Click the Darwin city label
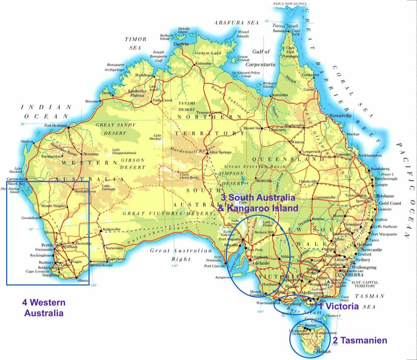(181, 44)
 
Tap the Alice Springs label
(220, 153)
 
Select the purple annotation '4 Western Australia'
(44, 307)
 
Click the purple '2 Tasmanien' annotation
(360, 340)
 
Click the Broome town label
(91, 101)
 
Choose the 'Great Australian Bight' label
(181, 254)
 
